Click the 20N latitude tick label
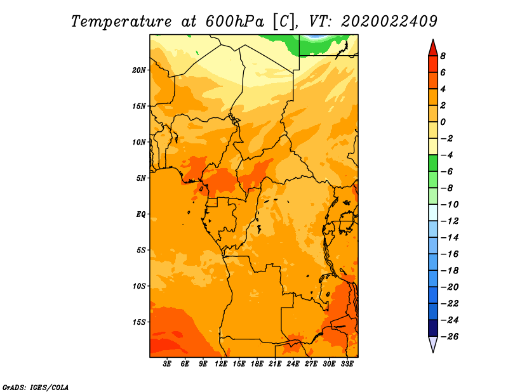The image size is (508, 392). tap(139, 70)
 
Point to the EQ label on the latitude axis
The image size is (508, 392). tap(141, 214)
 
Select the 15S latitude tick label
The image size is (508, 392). tap(139, 322)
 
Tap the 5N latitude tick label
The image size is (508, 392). tap(141, 178)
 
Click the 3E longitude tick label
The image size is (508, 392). tap(167, 364)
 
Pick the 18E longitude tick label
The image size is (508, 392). tap(257, 364)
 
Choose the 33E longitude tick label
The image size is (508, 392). tap(347, 364)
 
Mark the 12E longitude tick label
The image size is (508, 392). tap(221, 364)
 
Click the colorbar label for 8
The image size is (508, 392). tap(443, 56)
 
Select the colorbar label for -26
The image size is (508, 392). tap(450, 337)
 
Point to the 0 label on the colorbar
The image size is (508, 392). tap(443, 122)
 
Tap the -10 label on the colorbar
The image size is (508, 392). tap(450, 205)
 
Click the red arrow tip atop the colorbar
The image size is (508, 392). tap(433, 39)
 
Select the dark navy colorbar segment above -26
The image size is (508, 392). tap(433, 328)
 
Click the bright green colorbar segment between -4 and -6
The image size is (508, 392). tap(433, 163)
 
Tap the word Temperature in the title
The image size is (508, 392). tap(121, 22)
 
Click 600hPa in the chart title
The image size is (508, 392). tap(234, 22)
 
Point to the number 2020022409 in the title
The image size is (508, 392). tap(389, 22)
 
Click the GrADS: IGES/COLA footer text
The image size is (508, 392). tap(36, 388)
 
